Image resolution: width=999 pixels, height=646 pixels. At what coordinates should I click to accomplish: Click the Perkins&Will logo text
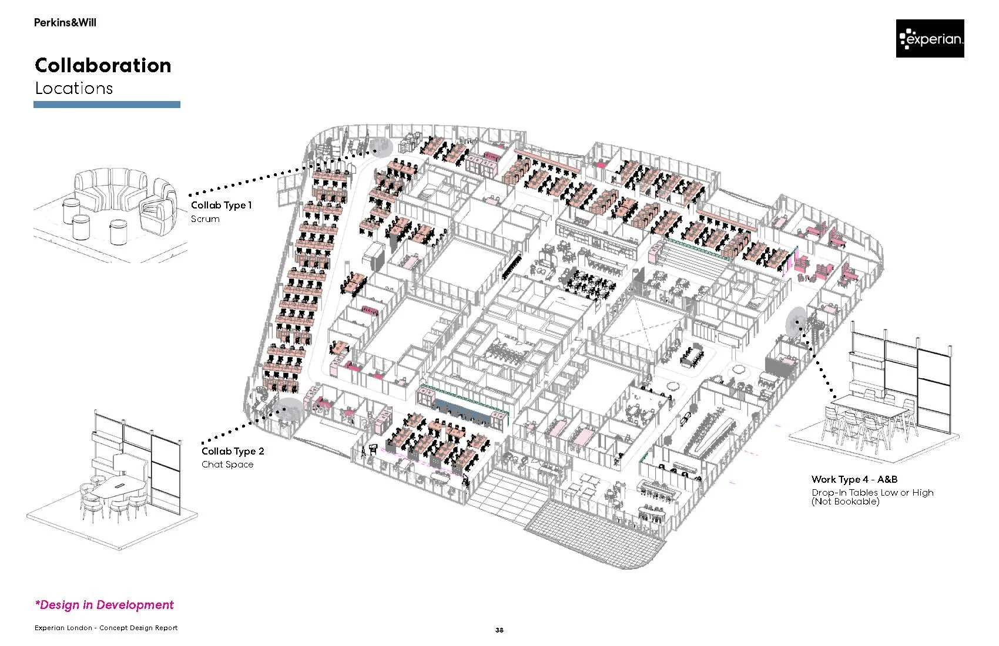[x=65, y=23]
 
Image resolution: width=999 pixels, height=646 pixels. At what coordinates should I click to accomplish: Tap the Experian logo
[x=930, y=39]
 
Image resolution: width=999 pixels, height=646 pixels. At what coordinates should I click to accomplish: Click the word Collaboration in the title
[x=103, y=65]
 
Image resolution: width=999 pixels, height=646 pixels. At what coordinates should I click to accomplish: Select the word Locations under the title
[x=73, y=89]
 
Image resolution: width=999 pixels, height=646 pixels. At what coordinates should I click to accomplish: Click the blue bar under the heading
[x=106, y=105]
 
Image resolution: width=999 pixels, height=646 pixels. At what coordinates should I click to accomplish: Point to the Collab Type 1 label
[x=221, y=206]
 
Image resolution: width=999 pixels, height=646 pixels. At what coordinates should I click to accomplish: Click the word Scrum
[x=205, y=219]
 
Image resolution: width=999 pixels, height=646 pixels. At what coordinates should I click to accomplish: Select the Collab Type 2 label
[x=233, y=451]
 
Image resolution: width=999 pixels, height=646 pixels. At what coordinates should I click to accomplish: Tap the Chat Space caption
[x=227, y=465]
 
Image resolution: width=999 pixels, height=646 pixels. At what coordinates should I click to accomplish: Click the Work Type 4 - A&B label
[x=854, y=480]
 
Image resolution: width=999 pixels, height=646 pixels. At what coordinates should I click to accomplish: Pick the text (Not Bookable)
[x=845, y=502]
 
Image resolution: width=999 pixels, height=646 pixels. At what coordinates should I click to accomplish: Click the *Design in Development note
[x=104, y=605]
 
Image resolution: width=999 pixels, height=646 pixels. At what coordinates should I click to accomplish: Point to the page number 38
[x=499, y=630]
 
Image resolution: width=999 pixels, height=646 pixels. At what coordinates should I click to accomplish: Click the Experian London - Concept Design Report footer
[x=106, y=628]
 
